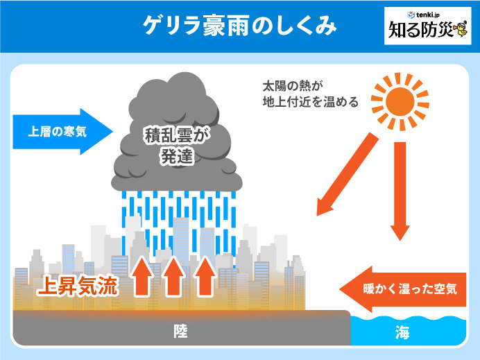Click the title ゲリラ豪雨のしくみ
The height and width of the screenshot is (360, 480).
pos(239,26)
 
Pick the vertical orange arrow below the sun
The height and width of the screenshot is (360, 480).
pos(400,191)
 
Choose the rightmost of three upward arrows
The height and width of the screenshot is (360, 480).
pos(205,275)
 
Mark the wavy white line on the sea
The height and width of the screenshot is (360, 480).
pos(414,320)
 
